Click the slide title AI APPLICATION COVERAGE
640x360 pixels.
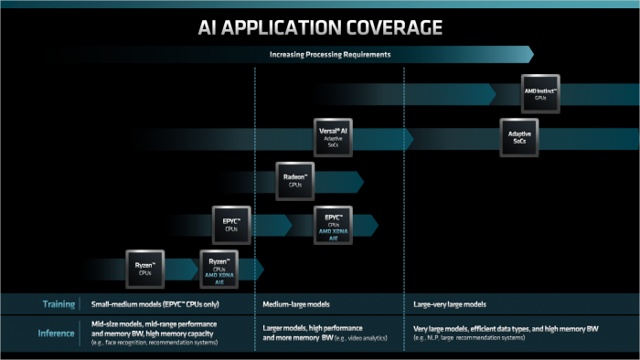click(320, 26)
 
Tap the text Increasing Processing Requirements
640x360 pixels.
click(330, 55)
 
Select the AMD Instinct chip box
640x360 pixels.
click(541, 93)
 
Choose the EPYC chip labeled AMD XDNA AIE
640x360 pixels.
click(333, 225)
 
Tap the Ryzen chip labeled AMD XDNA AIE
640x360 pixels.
click(219, 269)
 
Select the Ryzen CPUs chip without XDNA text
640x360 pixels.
click(144, 269)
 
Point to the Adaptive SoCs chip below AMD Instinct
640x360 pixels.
click(519, 137)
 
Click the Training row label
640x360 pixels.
click(58, 303)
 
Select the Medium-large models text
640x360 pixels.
click(296, 303)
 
